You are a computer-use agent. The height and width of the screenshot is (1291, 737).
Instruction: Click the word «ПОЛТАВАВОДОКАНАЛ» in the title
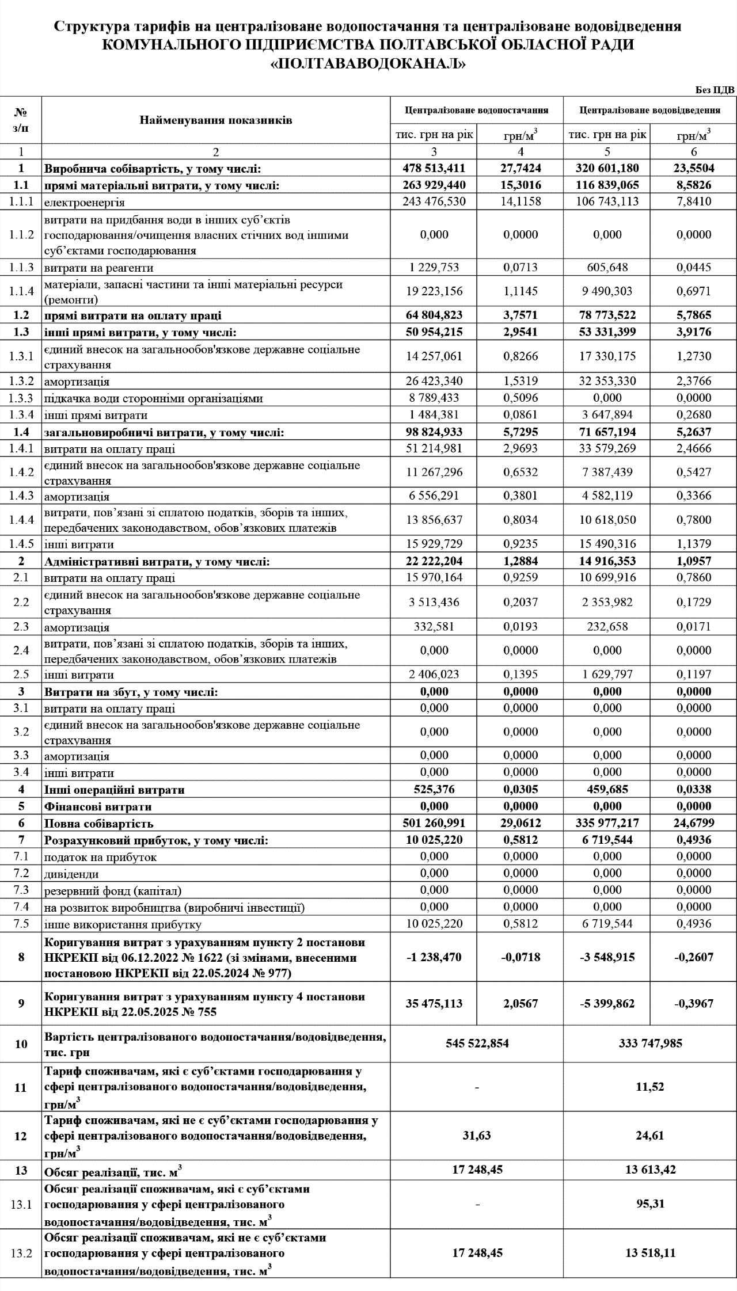point(368,64)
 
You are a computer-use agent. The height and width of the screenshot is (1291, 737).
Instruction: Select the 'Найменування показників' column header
point(215,120)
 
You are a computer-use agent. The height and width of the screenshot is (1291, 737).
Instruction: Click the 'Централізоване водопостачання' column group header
point(476,110)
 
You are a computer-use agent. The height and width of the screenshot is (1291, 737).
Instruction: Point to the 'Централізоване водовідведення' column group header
point(650,110)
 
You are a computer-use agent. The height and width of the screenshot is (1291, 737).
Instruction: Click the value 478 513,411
point(434,168)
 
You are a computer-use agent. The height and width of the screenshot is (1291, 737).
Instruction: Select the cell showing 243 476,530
point(434,201)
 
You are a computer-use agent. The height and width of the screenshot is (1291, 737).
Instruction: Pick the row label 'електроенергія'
point(85,202)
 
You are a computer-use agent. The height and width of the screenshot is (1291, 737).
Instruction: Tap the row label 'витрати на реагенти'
point(99,268)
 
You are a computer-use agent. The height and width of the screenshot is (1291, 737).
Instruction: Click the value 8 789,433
point(434,398)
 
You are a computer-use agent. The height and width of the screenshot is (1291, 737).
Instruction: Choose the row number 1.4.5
point(21,544)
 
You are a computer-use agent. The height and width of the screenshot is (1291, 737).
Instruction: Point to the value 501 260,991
point(434,823)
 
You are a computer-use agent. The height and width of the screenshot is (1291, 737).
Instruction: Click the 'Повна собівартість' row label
point(99,824)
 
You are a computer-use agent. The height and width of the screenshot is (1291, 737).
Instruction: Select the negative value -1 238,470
point(434,957)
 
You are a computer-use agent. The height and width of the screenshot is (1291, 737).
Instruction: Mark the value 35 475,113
point(434,1004)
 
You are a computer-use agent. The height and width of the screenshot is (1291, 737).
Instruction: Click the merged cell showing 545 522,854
point(477,1043)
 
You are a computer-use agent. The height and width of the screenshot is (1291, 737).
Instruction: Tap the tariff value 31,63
point(477,1136)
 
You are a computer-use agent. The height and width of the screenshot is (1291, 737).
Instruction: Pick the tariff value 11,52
point(650,1087)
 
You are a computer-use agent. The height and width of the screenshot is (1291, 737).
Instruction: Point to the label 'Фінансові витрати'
point(98,806)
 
